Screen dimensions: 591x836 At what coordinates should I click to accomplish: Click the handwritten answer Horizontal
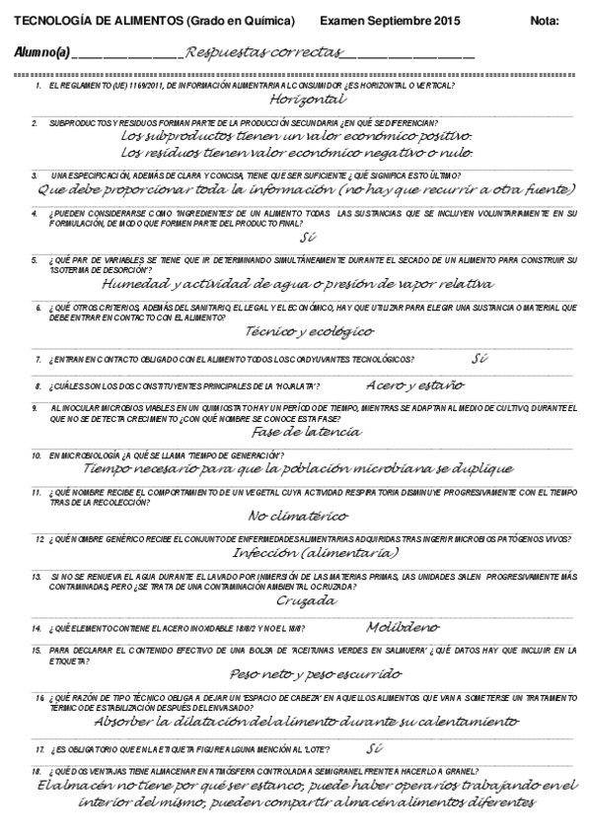pos(307,99)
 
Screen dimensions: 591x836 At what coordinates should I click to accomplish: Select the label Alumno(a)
pos(42,52)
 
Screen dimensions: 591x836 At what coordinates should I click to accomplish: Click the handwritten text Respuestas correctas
pos(263,51)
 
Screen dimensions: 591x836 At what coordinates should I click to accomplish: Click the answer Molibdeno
pos(404,625)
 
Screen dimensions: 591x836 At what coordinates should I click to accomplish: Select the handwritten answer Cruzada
pos(307,600)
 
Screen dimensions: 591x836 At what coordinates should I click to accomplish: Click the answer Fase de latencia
pos(307,431)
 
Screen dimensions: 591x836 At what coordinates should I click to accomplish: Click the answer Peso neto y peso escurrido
pos(301,674)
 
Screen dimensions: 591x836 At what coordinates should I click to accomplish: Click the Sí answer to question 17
pos(373,747)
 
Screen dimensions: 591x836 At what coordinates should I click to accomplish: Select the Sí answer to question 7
pos(480,357)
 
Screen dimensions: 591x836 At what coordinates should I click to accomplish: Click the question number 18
pos(37,770)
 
